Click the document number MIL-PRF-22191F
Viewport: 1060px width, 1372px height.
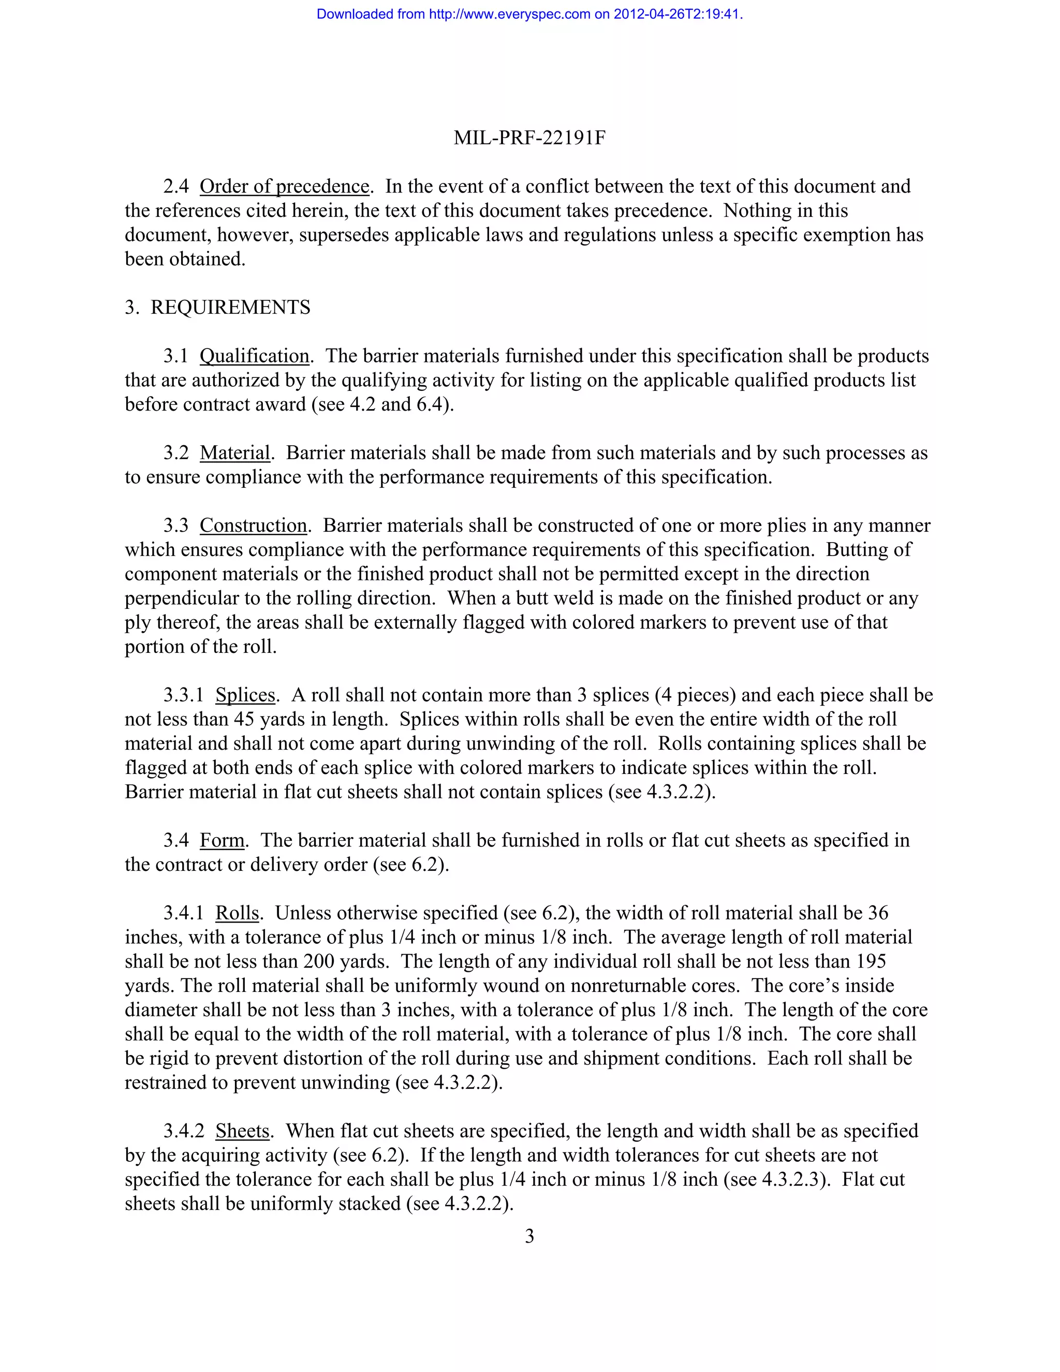pos(529,138)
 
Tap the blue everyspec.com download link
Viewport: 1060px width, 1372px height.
pos(529,14)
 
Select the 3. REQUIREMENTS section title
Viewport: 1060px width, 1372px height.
pos(217,307)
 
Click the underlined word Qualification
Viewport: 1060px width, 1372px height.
pos(254,356)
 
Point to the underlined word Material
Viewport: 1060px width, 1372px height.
pos(235,453)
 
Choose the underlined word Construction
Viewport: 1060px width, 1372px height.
pos(253,525)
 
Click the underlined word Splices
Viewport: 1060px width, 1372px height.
pos(245,695)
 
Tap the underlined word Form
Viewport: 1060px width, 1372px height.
pos(222,840)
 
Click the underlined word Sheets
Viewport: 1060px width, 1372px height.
pos(242,1131)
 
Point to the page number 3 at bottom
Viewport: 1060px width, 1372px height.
pos(529,1236)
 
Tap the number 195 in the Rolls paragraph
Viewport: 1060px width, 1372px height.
pos(870,961)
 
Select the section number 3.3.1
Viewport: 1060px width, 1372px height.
pos(183,695)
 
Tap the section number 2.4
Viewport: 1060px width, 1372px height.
pos(176,186)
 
